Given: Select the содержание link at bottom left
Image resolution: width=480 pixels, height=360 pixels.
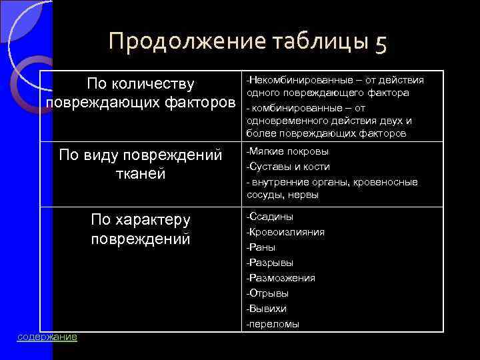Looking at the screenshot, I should [x=47, y=337].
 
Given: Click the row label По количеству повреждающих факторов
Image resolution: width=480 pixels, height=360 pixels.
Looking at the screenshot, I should [x=141, y=93].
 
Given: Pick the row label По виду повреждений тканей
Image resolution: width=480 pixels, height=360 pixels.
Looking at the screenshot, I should [x=141, y=164].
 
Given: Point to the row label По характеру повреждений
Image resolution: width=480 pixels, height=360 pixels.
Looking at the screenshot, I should [x=141, y=229].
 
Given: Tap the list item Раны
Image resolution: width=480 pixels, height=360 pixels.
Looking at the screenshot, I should [x=261, y=247].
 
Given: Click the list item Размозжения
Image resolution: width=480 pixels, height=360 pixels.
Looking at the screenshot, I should [x=281, y=278].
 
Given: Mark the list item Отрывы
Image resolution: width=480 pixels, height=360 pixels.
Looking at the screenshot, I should [x=268, y=293].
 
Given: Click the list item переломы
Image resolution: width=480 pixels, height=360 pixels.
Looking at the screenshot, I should [x=273, y=324].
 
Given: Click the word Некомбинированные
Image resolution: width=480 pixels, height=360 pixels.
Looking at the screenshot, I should [x=293, y=80].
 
